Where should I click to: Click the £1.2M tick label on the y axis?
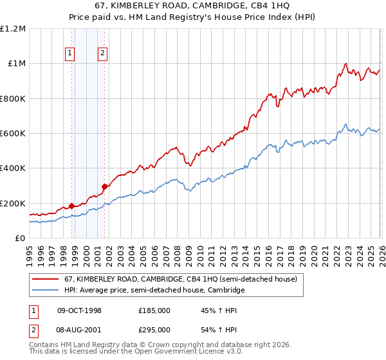pyautogui.click(x=13, y=29)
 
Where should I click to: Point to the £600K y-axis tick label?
pyautogui.click(x=13, y=134)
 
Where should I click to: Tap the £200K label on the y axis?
pyautogui.click(x=13, y=203)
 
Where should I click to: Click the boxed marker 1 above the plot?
pyautogui.click(x=69, y=54)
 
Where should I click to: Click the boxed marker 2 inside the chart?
pyautogui.click(x=102, y=54)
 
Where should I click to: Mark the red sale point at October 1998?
pyautogui.click(x=72, y=206)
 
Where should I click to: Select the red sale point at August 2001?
pyautogui.click(x=104, y=187)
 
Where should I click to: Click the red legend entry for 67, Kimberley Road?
pyautogui.click(x=180, y=280)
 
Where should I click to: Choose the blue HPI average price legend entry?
pyautogui.click(x=154, y=291)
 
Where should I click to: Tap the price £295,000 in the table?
pyautogui.click(x=154, y=329)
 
